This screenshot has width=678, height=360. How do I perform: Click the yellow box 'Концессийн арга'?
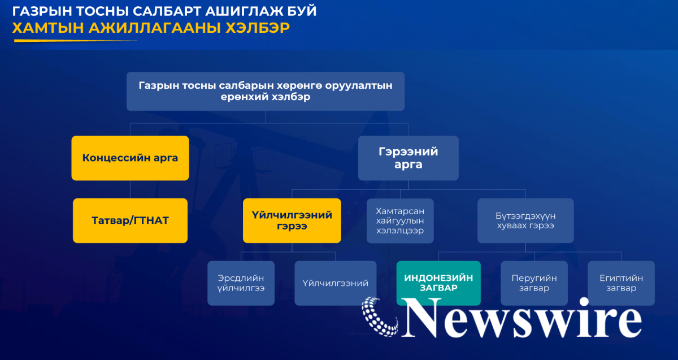point(130,158)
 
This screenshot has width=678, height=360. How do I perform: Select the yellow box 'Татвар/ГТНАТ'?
point(130,220)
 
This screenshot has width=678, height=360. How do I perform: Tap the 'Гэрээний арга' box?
point(408,158)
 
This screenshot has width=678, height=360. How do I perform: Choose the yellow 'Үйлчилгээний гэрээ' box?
point(292,220)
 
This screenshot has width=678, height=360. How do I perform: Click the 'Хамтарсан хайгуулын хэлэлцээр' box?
point(400,221)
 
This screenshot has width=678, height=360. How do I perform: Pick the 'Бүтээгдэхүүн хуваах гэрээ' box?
point(525,220)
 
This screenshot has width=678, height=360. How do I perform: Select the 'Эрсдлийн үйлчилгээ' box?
point(241,283)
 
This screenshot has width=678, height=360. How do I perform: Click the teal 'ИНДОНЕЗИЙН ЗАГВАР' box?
point(438,283)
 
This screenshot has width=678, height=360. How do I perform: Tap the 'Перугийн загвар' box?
point(534,283)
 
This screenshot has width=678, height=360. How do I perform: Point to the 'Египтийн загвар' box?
point(621,283)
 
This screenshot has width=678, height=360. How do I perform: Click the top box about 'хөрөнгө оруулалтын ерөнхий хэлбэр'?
point(266,91)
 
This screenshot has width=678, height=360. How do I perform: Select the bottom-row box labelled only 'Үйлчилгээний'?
point(336,283)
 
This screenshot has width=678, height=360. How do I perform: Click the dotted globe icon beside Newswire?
point(380,316)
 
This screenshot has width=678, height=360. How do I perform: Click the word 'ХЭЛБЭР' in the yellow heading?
point(258,28)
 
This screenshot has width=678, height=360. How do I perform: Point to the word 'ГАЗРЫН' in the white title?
point(42,11)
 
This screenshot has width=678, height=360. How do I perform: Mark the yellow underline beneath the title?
point(75,41)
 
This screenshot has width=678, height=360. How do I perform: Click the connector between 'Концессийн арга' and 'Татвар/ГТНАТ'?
point(130,189)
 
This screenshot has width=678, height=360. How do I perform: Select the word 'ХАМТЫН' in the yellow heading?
point(48,28)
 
